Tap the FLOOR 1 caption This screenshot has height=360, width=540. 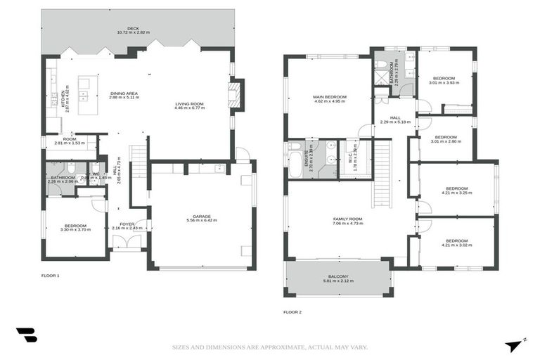point(50,276)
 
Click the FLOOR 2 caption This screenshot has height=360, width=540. point(292,311)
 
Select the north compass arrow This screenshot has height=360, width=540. point(515,345)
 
